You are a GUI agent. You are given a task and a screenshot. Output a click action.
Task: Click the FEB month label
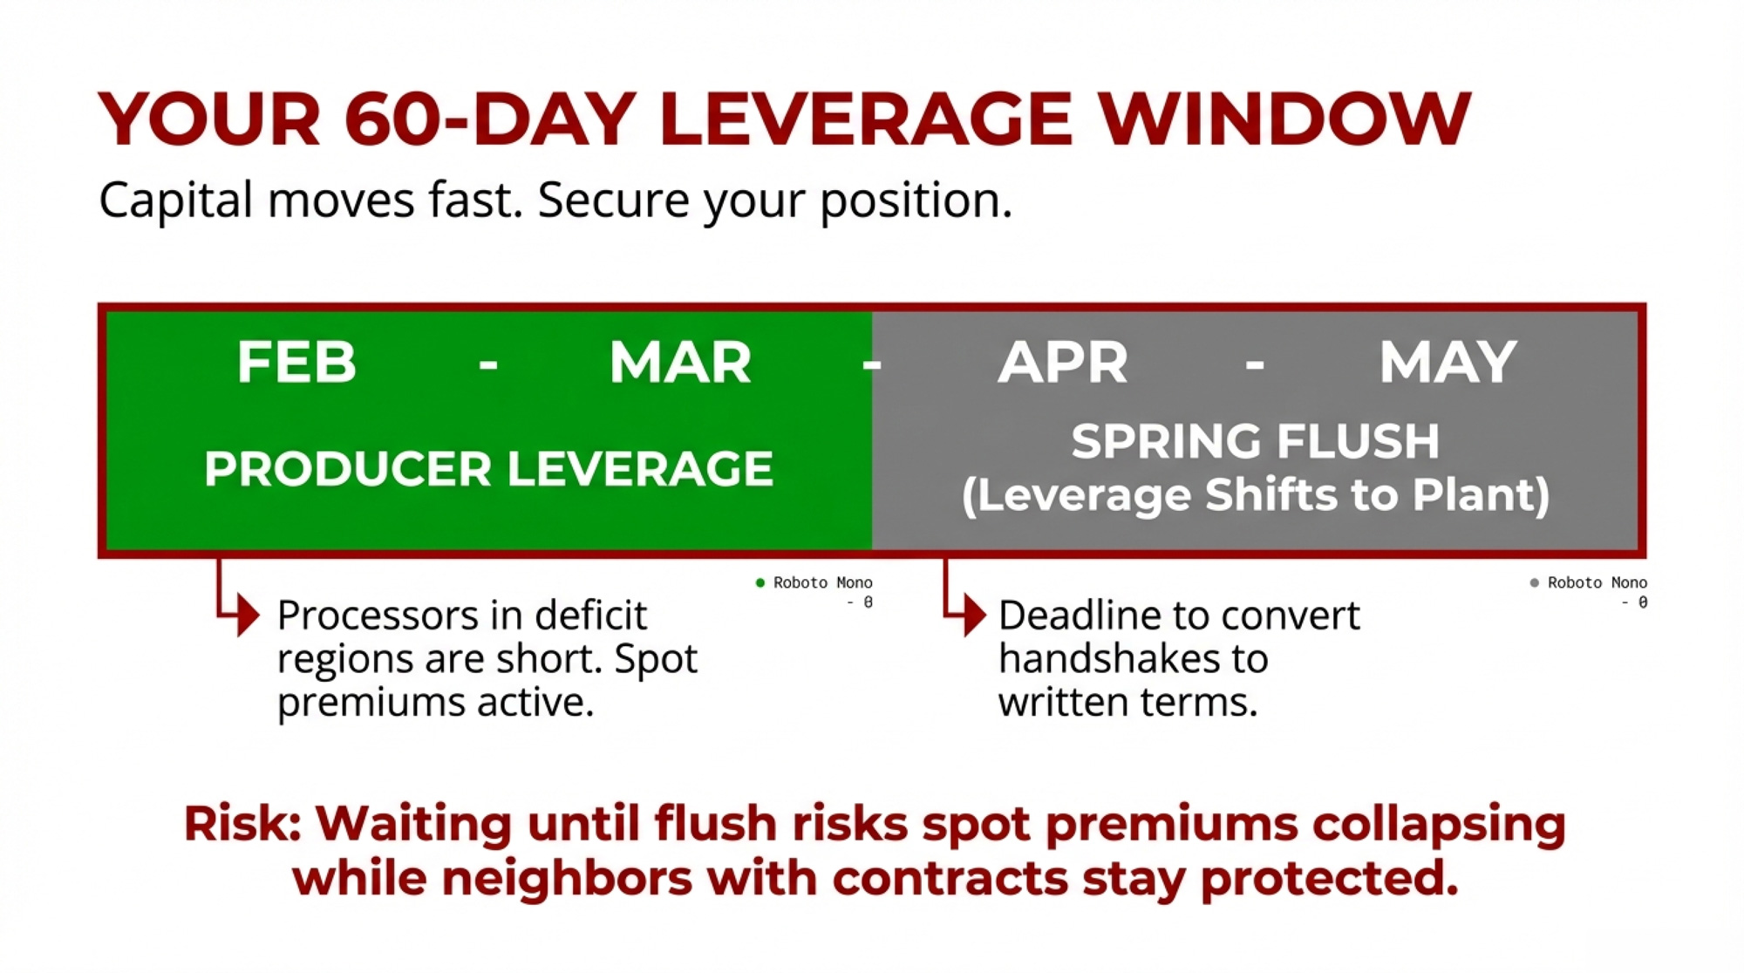click(x=296, y=362)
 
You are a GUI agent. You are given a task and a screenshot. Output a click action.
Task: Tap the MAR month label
click(x=680, y=362)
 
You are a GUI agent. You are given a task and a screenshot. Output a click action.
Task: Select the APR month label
click(x=1063, y=362)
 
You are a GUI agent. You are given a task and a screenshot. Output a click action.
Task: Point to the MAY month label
click(x=1448, y=362)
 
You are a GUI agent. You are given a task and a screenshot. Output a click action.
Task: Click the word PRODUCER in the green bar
click(x=348, y=469)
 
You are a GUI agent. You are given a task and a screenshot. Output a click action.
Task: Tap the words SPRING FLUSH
click(x=1255, y=441)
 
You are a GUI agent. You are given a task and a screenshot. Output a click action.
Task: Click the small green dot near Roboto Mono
click(x=760, y=582)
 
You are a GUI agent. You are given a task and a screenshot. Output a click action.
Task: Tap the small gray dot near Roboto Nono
click(x=1534, y=582)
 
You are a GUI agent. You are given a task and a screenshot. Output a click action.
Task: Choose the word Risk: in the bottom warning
click(x=242, y=824)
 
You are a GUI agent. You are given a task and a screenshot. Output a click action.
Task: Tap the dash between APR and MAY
click(x=1255, y=363)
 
